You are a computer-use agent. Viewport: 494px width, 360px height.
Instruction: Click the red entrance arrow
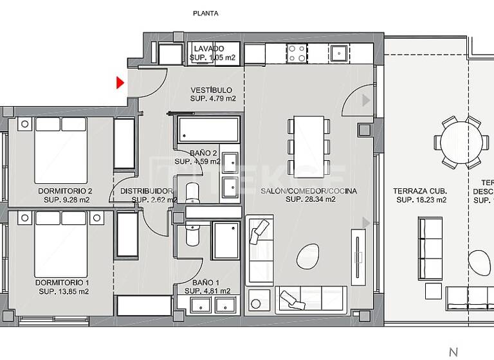point(120,83)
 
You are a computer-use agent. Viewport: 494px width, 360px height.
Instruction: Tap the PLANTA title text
point(206,13)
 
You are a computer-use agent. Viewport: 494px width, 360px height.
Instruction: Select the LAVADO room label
point(209,49)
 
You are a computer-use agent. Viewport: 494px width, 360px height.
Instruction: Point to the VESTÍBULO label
point(212,90)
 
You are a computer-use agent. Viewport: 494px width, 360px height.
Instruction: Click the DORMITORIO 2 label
point(65,191)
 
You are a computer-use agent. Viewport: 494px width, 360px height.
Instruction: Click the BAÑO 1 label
point(206,283)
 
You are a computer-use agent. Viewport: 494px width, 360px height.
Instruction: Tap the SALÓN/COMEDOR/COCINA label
point(308,191)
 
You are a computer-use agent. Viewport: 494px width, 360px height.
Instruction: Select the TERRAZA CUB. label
point(420,191)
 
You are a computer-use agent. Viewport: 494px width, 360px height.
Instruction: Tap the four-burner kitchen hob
point(297,52)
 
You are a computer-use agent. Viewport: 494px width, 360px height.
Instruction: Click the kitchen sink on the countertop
point(338,53)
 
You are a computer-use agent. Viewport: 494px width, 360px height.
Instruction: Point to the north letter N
point(453,352)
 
